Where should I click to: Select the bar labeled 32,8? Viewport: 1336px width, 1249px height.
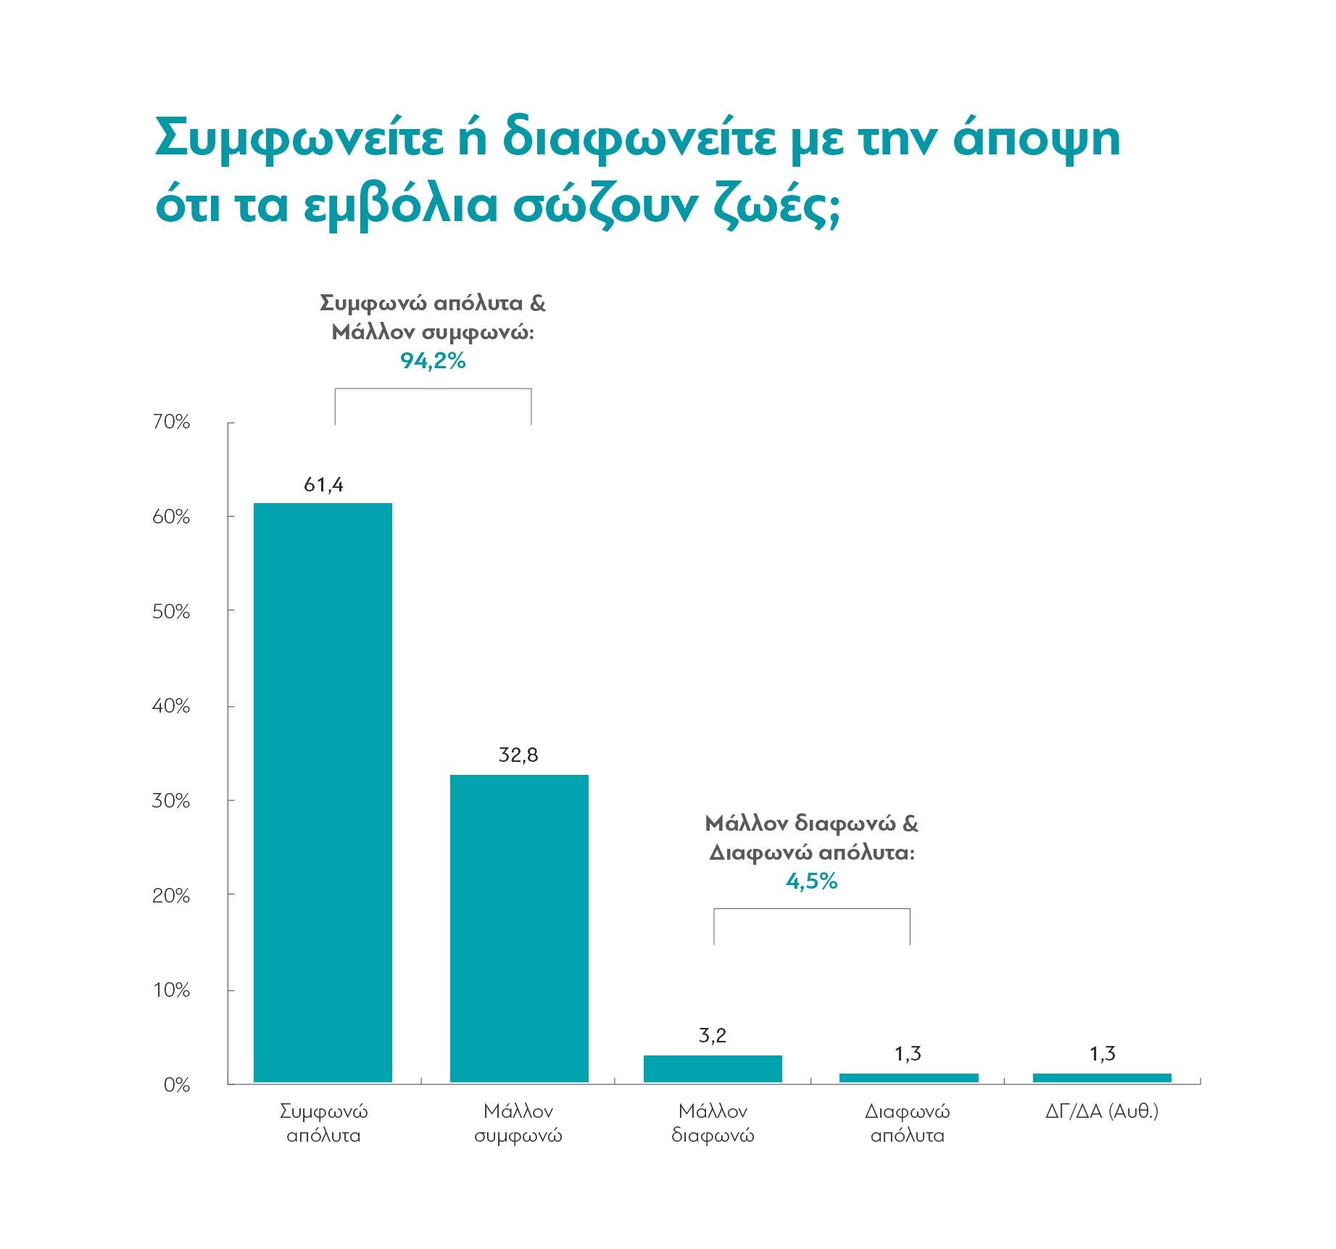[x=519, y=929]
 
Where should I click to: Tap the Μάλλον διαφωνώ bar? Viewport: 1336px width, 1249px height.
[x=713, y=1069]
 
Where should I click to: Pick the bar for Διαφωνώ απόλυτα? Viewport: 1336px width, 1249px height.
[x=908, y=1078]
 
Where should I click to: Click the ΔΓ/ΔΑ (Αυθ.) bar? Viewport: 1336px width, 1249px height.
[x=1102, y=1078]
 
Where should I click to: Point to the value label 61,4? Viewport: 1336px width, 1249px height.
[x=323, y=485]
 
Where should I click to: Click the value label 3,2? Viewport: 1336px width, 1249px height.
[x=713, y=1036]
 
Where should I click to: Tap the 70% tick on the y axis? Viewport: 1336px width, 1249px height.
[x=171, y=422]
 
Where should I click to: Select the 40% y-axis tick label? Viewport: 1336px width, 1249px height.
[x=171, y=706]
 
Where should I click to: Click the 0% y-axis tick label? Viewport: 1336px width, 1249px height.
[x=177, y=1085]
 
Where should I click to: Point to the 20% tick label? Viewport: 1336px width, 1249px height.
[x=171, y=896]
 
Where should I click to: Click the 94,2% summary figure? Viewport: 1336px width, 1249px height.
[x=433, y=361]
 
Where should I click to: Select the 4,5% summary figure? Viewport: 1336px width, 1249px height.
[x=812, y=881]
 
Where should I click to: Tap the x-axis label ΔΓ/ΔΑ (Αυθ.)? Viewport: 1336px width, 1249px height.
[x=1102, y=1111]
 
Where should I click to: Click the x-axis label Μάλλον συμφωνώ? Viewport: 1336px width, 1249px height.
[x=518, y=1123]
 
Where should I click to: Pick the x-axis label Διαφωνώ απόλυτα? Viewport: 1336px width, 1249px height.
[x=908, y=1123]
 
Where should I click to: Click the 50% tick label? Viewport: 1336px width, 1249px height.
[x=171, y=612]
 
